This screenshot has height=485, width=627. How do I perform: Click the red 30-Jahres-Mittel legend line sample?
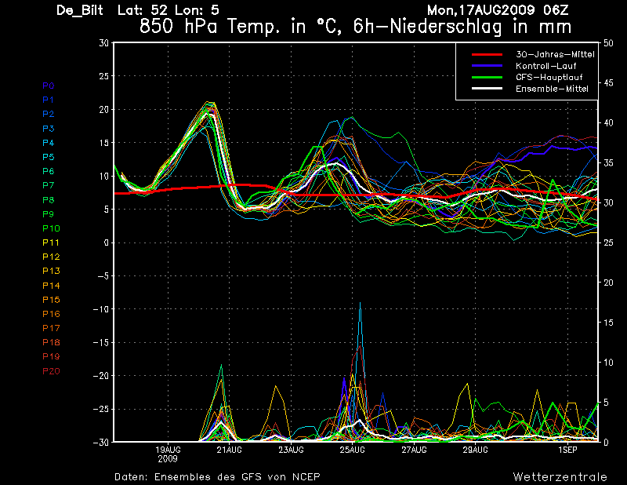pyautogui.click(x=487, y=54)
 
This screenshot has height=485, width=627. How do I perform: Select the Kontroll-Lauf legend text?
pyautogui.click(x=545, y=66)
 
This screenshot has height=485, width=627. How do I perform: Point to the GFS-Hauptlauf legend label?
pyautogui.click(x=549, y=77)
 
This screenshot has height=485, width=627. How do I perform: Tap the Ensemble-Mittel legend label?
pyautogui.click(x=552, y=89)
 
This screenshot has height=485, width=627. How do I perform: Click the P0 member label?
pyautogui.click(x=49, y=86)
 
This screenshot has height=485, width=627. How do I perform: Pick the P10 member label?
pyautogui.click(x=51, y=228)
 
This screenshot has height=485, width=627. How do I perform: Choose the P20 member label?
pyautogui.click(x=51, y=371)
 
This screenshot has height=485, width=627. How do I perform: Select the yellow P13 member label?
pyautogui.click(x=51, y=271)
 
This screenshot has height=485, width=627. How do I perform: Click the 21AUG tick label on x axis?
pyautogui.click(x=229, y=450)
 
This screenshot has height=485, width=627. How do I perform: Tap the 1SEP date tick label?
pyautogui.click(x=567, y=450)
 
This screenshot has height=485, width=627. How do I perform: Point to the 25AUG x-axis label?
pyautogui.click(x=352, y=450)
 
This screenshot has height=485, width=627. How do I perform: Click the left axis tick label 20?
pyautogui.click(x=103, y=109)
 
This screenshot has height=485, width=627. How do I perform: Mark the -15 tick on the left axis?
pyautogui.click(x=101, y=342)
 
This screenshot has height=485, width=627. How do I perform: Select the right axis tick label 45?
pyautogui.click(x=608, y=83)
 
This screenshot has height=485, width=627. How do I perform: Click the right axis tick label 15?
pyautogui.click(x=608, y=323)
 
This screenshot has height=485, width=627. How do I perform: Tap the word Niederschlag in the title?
pyautogui.click(x=445, y=27)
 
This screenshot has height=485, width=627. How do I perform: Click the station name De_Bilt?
pyautogui.click(x=80, y=10)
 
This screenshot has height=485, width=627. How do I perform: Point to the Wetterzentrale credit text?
pyautogui.click(x=560, y=476)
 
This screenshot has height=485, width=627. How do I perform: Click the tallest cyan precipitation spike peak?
pyautogui.click(x=361, y=303)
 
